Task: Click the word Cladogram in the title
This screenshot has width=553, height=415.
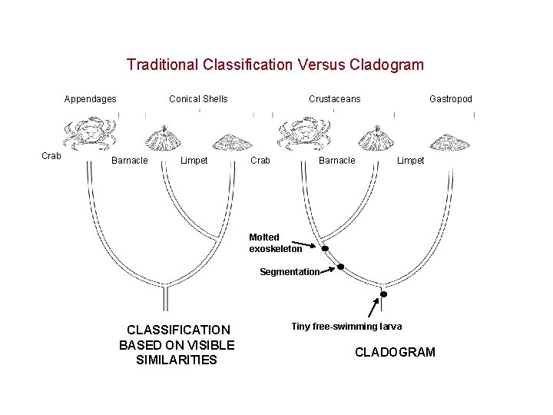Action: (386, 65)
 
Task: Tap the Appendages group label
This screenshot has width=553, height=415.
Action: (91, 98)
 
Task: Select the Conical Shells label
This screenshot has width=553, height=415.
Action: (198, 98)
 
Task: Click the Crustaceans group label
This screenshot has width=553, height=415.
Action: (334, 98)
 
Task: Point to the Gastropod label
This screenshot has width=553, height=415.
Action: (451, 98)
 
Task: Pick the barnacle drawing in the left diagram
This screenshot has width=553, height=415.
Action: (163, 138)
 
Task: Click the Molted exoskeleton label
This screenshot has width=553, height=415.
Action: (275, 243)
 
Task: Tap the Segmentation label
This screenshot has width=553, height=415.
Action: (289, 272)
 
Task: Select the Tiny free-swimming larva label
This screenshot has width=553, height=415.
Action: (346, 327)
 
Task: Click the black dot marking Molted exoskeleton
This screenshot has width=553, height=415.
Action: (325, 249)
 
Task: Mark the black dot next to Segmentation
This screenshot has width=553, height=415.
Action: (341, 267)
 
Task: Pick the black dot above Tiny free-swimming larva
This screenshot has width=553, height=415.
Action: (383, 294)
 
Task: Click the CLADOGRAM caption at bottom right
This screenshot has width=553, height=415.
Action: (395, 352)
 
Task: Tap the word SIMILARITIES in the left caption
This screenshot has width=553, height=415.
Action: (177, 360)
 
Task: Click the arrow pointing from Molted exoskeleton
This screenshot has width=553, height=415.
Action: (310, 246)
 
